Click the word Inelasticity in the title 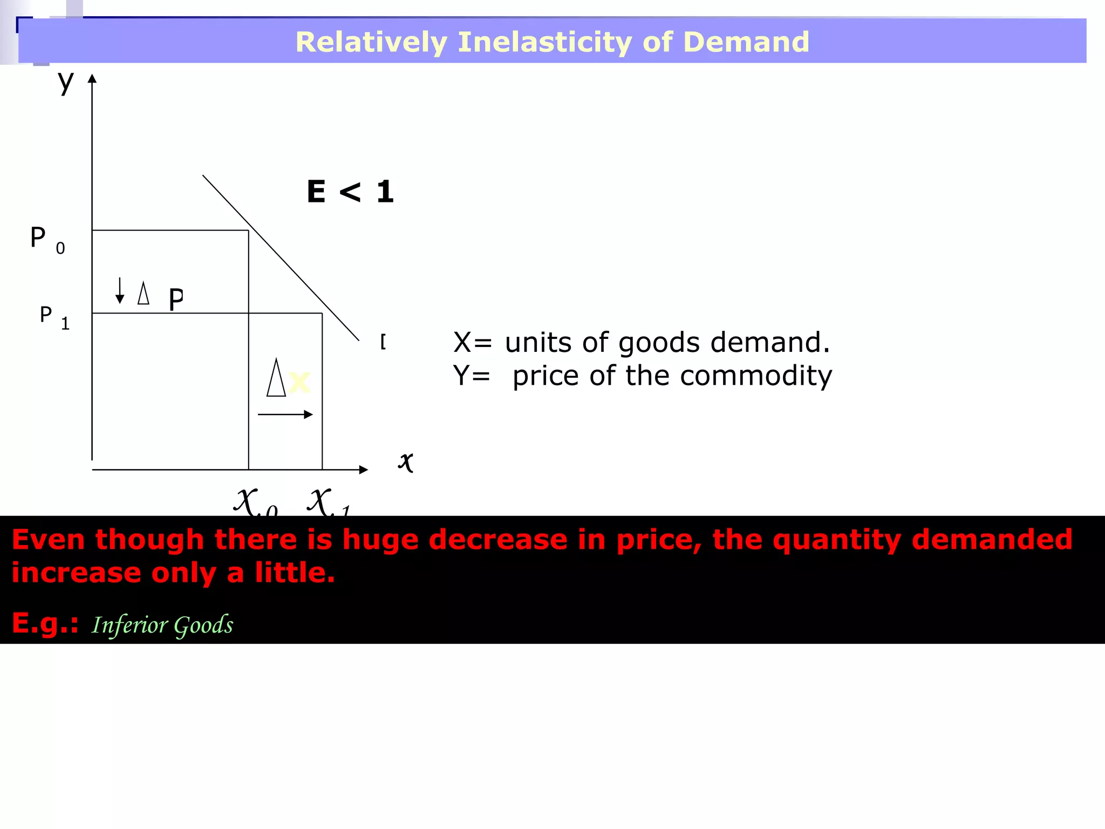(544, 42)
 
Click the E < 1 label (350, 192)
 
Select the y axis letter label (66, 82)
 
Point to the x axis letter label (406, 462)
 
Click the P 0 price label (46, 239)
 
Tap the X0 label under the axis (255, 502)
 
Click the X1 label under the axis (328, 502)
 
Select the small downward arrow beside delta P (120, 290)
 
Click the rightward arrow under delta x (285, 414)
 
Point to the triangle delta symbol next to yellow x (276, 378)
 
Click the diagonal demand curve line (281, 258)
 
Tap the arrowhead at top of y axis (92, 79)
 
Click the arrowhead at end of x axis (364, 470)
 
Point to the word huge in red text (380, 540)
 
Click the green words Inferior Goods (162, 625)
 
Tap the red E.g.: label (45, 623)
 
